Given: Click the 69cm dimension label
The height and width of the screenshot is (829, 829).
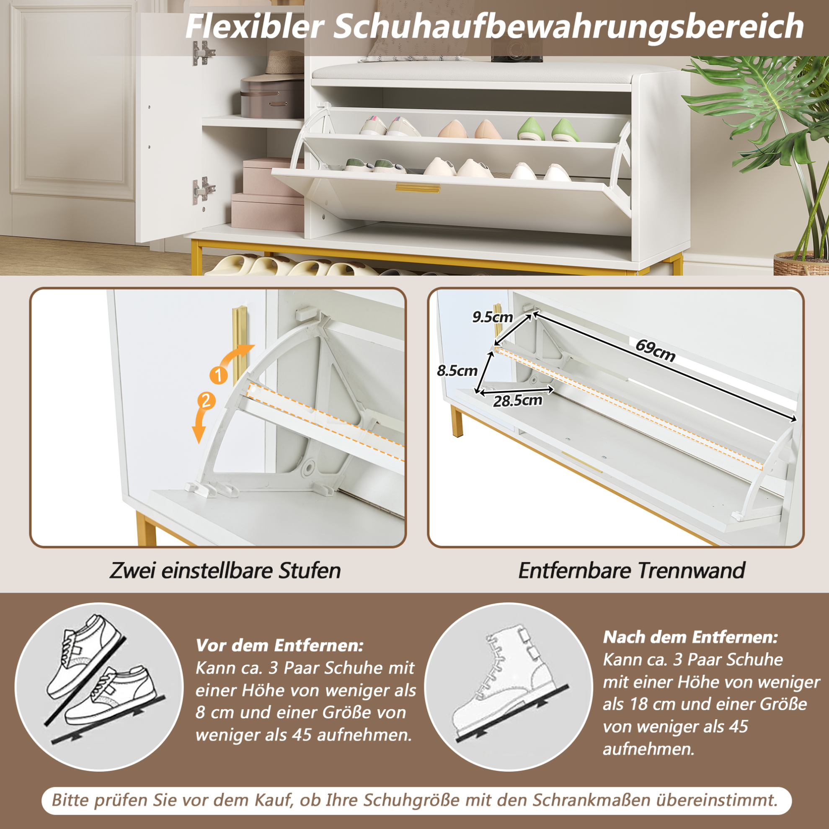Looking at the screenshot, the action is (x=655, y=351).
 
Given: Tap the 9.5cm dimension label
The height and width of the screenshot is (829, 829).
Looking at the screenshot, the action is (x=493, y=317).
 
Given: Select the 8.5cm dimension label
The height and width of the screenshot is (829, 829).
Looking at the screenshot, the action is (x=457, y=370).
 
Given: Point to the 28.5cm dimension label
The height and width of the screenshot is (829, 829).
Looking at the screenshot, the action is (x=517, y=401).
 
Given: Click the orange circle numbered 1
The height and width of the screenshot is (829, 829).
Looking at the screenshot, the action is (x=219, y=375).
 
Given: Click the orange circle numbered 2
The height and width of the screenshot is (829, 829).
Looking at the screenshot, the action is (x=206, y=401).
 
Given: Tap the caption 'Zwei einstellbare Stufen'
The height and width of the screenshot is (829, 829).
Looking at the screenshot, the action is (x=225, y=571).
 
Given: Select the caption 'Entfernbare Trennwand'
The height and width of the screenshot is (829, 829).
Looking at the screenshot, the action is (x=632, y=571).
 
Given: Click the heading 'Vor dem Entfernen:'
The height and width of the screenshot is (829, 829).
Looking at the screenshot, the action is (x=280, y=645).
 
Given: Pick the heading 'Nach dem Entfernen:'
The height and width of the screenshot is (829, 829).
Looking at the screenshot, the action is (x=690, y=637).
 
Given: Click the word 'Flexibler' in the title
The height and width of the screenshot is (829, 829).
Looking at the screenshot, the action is (x=255, y=27).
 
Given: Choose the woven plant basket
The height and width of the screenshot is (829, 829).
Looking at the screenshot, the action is (x=801, y=263).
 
